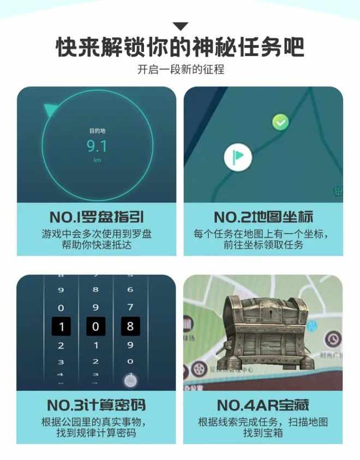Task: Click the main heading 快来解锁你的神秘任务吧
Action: pyautogui.click(x=180, y=47)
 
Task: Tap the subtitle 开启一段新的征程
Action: pyautogui.click(x=180, y=70)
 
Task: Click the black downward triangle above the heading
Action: pyautogui.click(x=180, y=26)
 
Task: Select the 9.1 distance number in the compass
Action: pyautogui.click(x=97, y=146)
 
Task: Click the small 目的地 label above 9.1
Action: pyautogui.click(x=97, y=131)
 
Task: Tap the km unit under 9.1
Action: pyautogui.click(x=97, y=160)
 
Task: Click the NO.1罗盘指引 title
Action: pyautogui.click(x=97, y=217)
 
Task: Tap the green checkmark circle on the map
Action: pyautogui.click(x=280, y=122)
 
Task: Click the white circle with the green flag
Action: pyautogui.click(x=238, y=157)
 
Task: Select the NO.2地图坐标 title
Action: pyautogui.click(x=263, y=217)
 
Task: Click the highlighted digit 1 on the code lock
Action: pyautogui.click(x=61, y=327)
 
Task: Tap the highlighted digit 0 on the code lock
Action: pyautogui.click(x=96, y=327)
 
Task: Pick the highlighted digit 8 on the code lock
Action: pyautogui.click(x=130, y=327)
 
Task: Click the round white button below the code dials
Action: pyautogui.click(x=129, y=380)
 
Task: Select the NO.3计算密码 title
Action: pyautogui.click(x=97, y=405)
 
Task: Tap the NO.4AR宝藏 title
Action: pyautogui.click(x=263, y=405)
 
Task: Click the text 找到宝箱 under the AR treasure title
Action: pyautogui.click(x=263, y=433)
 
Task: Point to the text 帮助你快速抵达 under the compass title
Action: pyautogui.click(x=97, y=245)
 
